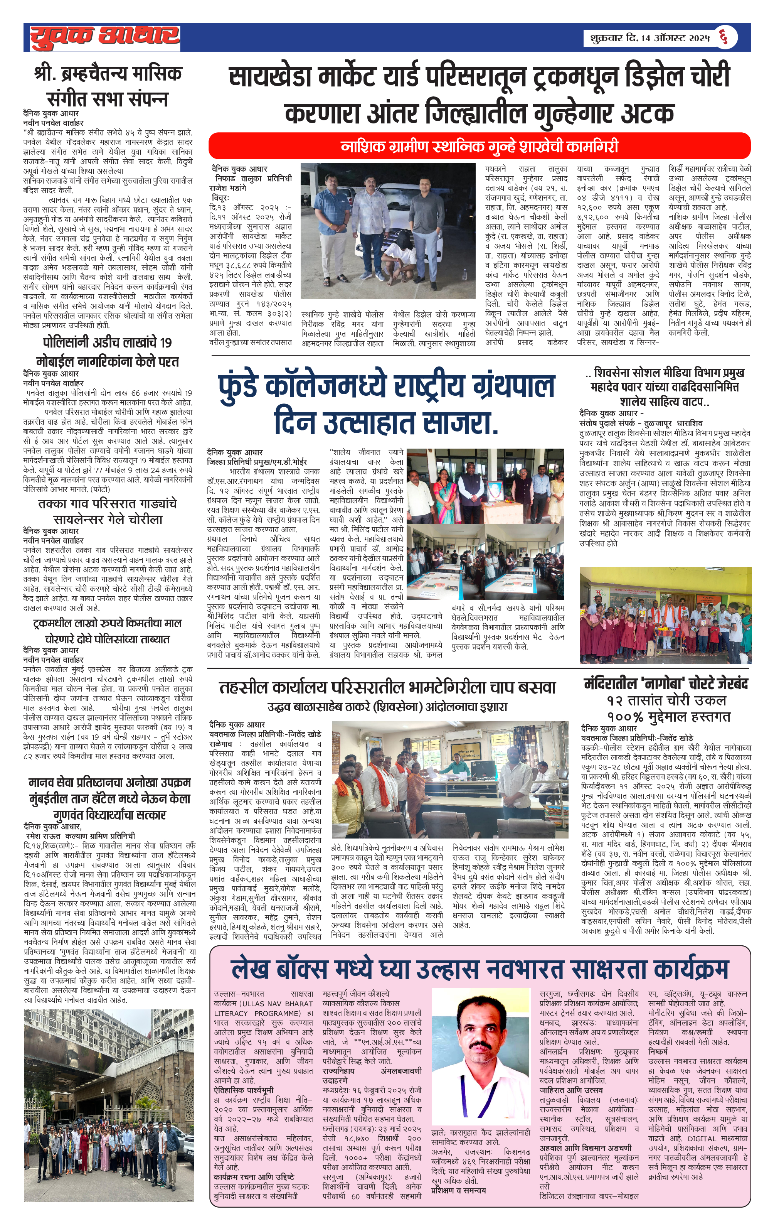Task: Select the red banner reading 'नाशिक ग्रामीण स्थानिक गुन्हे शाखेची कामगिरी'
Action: click(479, 147)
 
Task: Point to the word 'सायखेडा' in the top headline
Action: click(269, 78)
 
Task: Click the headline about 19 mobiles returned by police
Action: click(107, 352)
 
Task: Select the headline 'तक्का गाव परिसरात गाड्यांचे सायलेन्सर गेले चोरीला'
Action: click(107, 511)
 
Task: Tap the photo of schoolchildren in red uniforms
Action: click(665, 615)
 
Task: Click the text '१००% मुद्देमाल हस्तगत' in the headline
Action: click(668, 717)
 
